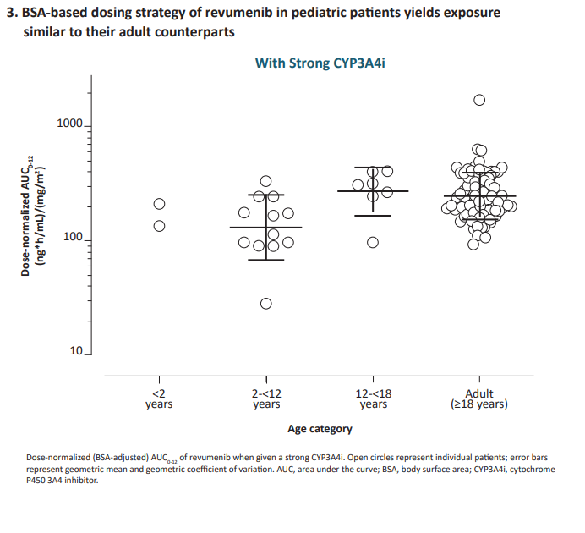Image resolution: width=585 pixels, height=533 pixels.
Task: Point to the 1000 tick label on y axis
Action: (70, 125)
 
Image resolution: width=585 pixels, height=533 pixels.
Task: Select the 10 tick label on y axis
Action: (76, 351)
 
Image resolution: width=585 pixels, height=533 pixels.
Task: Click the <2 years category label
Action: (158, 398)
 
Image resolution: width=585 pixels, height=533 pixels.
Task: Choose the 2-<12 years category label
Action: (266, 398)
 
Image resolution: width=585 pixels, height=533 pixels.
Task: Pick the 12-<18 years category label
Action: (373, 398)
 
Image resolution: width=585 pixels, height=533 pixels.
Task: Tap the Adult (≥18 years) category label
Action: (479, 398)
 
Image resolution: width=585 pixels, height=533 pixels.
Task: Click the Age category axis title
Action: (320, 429)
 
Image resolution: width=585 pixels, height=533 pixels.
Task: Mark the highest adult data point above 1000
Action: (479, 100)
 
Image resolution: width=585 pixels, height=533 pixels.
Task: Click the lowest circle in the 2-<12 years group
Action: (266, 304)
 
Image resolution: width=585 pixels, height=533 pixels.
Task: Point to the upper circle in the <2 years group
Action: (158, 204)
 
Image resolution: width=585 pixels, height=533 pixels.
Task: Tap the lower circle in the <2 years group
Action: (158, 226)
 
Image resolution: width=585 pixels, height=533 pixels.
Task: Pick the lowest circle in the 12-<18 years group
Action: (373, 243)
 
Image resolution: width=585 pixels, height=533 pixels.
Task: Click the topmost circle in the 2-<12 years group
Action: (266, 181)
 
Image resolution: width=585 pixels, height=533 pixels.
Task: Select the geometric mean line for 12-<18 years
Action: (373, 191)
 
